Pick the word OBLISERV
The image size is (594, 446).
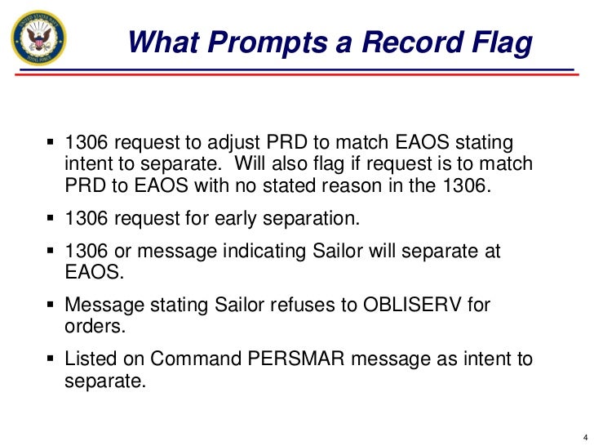pos(407,306)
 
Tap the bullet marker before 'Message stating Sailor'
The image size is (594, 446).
pos(51,306)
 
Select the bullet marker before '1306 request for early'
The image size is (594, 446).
pos(51,218)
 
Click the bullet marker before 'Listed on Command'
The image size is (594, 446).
pos(51,359)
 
